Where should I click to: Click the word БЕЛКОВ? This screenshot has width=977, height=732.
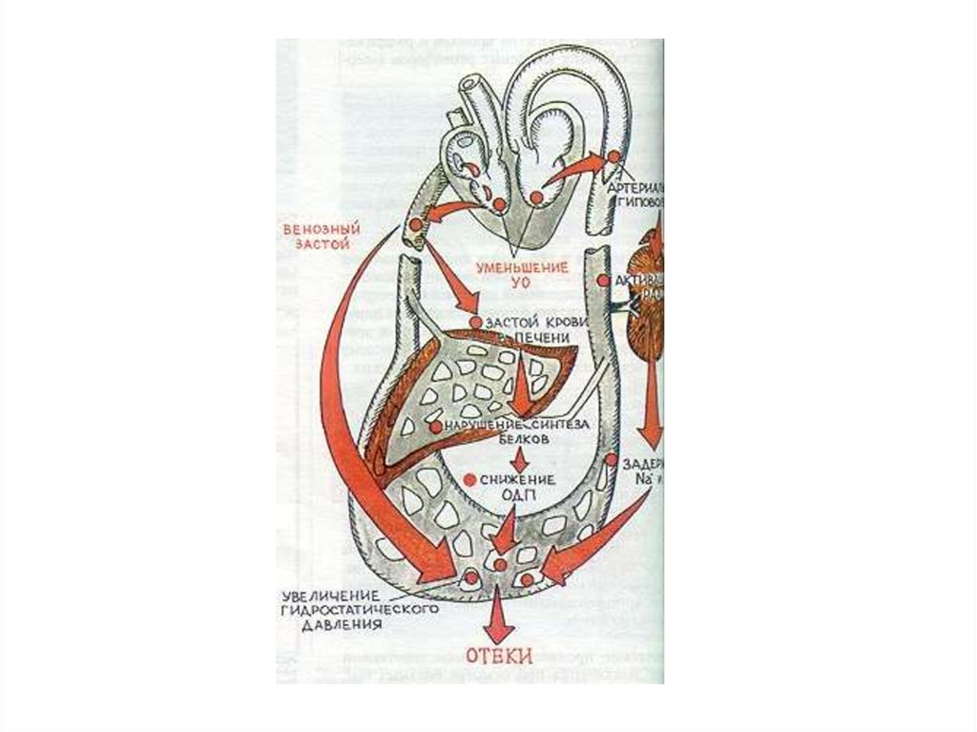524,442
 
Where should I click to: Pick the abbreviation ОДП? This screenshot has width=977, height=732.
517,495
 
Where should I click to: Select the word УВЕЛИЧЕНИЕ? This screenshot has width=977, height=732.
333,593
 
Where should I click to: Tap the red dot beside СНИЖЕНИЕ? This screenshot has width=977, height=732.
468,479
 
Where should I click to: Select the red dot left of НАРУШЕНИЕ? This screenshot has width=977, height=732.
435,427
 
